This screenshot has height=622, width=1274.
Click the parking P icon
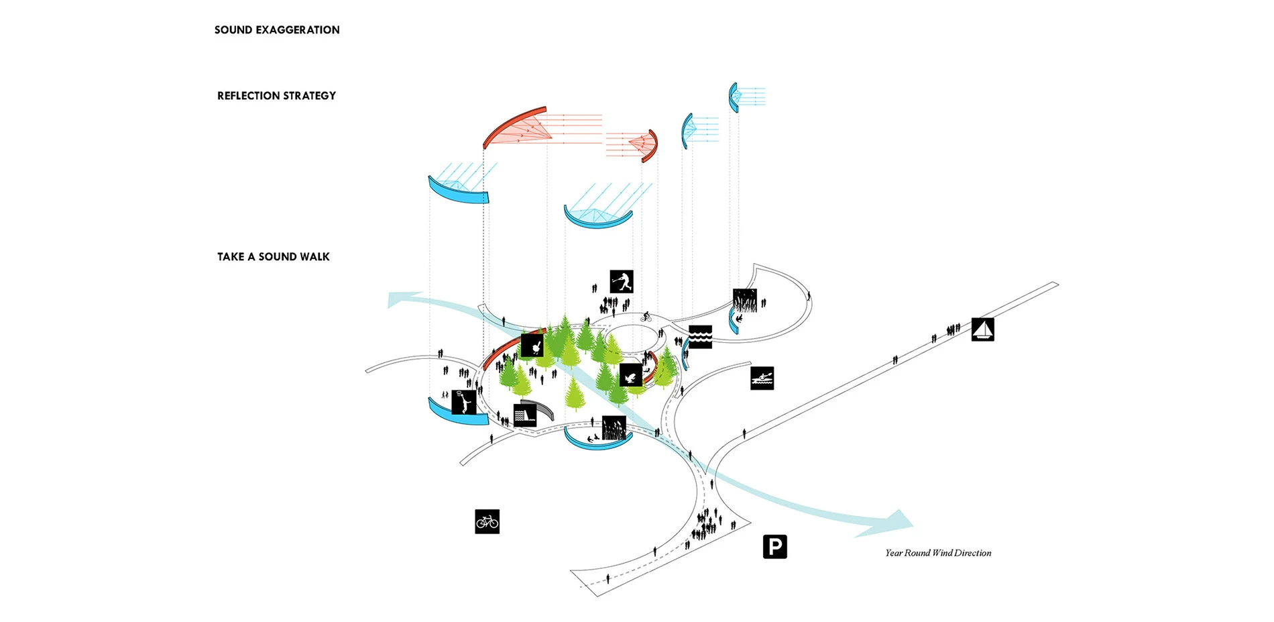[x=774, y=547]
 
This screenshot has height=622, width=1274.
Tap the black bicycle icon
[x=487, y=521]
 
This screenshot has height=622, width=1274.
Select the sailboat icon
[x=982, y=329]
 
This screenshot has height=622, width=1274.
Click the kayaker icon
[x=762, y=378]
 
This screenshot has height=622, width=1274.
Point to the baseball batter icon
[x=622, y=281]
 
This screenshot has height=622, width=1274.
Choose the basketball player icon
[x=463, y=402]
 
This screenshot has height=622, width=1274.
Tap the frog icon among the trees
[x=630, y=375]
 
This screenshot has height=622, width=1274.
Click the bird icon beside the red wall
[x=532, y=346]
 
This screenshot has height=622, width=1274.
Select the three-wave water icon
[x=700, y=337]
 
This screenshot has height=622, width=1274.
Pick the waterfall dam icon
[x=524, y=415]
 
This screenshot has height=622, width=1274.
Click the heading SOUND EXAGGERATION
[x=277, y=30]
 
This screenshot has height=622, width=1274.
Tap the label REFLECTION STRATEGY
[x=276, y=96]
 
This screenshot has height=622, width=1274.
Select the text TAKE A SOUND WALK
[x=273, y=257]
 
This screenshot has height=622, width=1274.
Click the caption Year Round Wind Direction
[x=937, y=553]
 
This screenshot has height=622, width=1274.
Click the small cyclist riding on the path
[x=646, y=316]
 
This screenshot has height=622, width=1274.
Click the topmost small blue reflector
[x=734, y=97]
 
